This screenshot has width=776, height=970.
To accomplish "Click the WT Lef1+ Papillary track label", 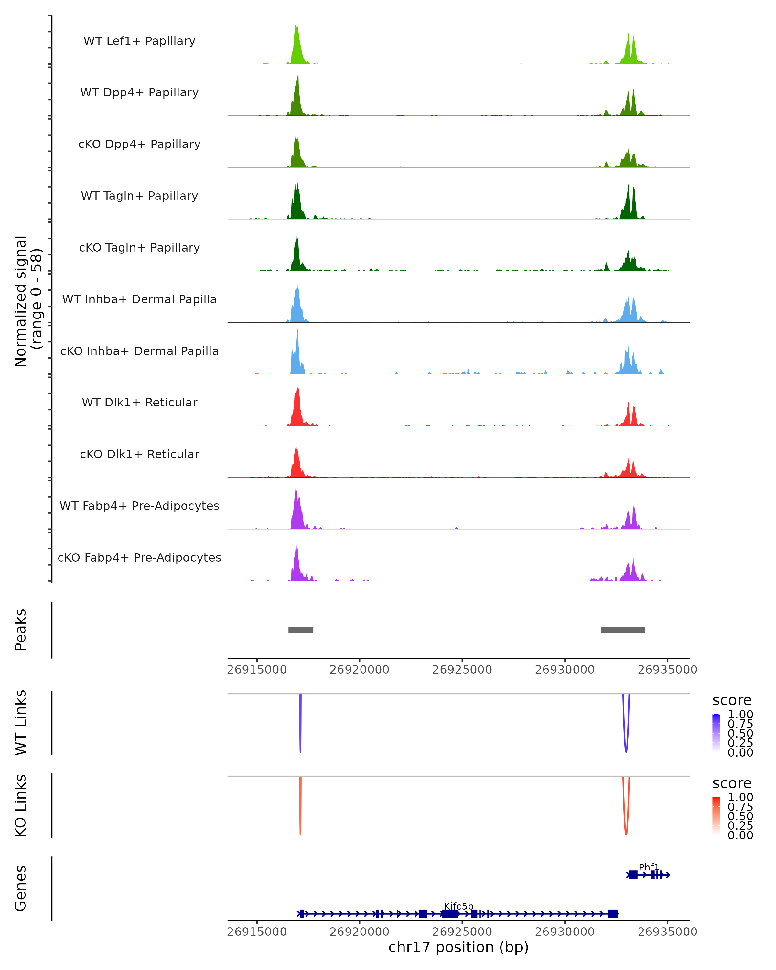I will click(x=139, y=41).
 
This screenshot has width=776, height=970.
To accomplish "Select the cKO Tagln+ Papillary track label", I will click(x=139, y=247).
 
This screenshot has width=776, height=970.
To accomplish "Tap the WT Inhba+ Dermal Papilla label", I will click(x=139, y=299).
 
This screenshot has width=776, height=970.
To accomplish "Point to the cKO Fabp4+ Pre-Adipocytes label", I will click(x=139, y=557).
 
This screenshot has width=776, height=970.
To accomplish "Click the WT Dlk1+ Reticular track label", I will click(x=139, y=402).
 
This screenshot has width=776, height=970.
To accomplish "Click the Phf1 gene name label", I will click(x=648, y=867).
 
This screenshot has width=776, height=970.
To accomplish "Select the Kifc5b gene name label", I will click(x=458, y=906).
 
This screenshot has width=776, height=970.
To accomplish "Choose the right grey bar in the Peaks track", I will click(x=623, y=630).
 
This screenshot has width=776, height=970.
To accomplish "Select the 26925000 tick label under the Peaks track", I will click(x=462, y=670).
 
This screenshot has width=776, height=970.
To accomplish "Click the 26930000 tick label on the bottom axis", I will click(x=565, y=931).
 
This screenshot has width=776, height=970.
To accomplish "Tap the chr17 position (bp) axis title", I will click(x=458, y=947).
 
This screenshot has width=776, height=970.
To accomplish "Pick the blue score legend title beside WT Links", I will click(x=732, y=701).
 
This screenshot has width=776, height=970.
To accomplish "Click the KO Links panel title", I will click(x=21, y=805).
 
